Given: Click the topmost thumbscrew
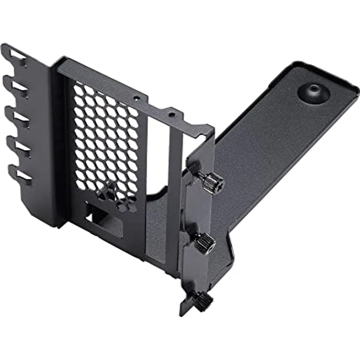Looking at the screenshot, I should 214,182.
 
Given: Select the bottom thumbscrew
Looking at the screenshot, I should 202,297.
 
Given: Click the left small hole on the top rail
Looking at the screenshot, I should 137,98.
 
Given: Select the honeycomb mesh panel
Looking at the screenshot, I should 105,142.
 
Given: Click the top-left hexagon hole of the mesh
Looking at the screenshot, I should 78,91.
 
